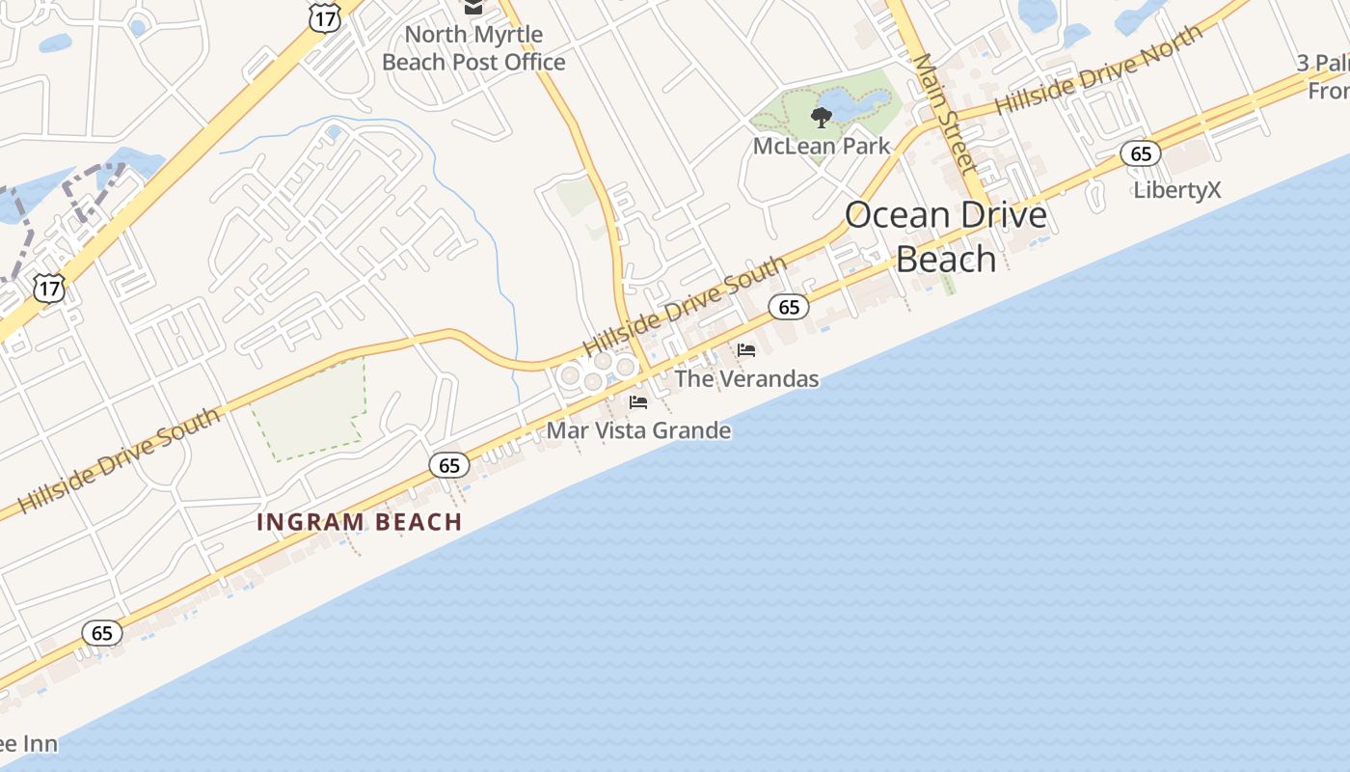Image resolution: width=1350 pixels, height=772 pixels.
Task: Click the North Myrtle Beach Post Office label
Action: [x=473, y=48]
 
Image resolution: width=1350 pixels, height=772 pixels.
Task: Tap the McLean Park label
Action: [x=822, y=147]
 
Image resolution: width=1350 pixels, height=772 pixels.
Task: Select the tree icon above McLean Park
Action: [x=822, y=118]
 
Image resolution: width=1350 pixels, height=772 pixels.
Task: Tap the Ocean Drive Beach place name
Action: [x=946, y=236]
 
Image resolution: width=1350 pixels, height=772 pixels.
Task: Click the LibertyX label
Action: [x=1176, y=190]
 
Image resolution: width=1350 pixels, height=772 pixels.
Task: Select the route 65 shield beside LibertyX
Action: [x=1141, y=153]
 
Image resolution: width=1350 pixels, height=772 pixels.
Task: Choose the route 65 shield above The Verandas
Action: [x=789, y=307]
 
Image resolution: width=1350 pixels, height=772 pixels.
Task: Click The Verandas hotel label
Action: [x=746, y=378]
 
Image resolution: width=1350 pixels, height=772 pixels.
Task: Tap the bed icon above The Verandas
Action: [x=746, y=350]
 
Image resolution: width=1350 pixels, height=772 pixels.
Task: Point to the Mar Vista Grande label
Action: [x=638, y=430]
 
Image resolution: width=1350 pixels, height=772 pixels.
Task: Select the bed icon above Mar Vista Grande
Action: [x=638, y=402]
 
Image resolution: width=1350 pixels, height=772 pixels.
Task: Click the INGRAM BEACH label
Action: [x=360, y=522]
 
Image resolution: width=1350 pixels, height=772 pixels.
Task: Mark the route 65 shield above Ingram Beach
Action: [x=449, y=465]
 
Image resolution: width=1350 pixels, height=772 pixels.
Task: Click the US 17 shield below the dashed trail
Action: [x=48, y=287]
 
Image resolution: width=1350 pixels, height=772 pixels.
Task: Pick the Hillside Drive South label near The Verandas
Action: [x=685, y=305]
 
